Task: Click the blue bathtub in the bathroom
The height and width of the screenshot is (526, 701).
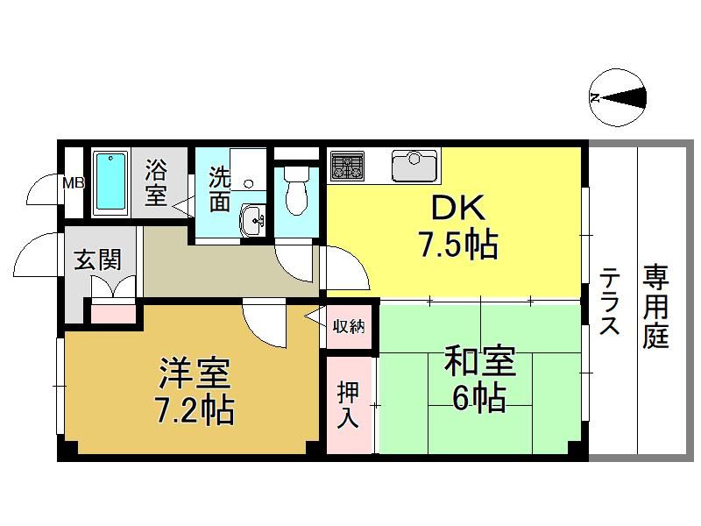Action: point(110,181)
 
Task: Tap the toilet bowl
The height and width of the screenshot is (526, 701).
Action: point(296,191)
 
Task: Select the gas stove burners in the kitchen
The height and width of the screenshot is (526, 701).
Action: point(347,165)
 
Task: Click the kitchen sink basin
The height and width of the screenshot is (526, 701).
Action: point(414,166)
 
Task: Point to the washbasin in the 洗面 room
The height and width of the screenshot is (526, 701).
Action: point(252,220)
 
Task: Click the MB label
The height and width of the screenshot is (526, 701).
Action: point(74,183)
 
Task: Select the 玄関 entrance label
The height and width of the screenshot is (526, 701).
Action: point(98,259)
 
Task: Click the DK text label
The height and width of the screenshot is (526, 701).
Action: point(457,208)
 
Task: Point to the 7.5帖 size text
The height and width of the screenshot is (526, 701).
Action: point(458,245)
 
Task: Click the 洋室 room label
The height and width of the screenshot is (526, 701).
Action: point(195,373)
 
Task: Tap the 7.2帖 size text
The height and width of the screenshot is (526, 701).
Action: point(195,409)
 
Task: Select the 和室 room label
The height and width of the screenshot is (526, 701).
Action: point(479,360)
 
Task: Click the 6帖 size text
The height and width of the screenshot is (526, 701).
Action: point(479,398)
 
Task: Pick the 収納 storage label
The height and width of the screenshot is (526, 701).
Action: point(349,326)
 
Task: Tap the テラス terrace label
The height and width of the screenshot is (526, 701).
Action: point(609,301)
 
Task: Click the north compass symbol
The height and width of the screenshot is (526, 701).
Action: point(618,97)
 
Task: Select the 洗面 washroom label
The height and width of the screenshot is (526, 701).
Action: point(220,189)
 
